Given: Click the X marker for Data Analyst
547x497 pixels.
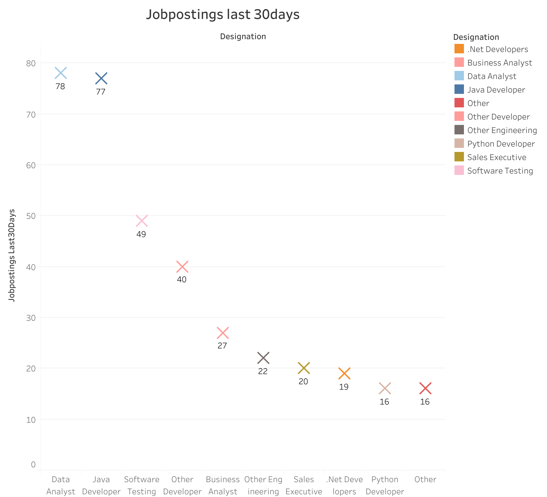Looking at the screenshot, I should [x=61, y=73].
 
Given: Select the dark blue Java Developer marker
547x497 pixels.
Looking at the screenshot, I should [x=101, y=79].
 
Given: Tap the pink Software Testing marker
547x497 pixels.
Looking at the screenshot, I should [x=142, y=221].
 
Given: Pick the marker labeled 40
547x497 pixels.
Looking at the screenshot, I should [x=182, y=267].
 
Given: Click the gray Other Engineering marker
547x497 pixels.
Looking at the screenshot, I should [x=263, y=358].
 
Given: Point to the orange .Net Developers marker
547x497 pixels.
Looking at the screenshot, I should [x=344, y=373].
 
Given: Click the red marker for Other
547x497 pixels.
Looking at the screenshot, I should [x=425, y=388].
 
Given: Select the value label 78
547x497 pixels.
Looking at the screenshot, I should [x=60, y=87].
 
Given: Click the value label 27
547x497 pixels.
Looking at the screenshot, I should [x=222, y=346].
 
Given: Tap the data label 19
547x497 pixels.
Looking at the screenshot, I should [x=344, y=387].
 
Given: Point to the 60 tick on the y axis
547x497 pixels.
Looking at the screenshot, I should [x=31, y=165].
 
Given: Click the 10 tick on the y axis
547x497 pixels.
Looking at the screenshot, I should [x=31, y=420].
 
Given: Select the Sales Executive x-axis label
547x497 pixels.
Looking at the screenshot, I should [x=304, y=486].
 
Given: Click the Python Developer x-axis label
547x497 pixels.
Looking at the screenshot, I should [x=385, y=486].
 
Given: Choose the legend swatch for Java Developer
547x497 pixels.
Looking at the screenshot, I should [x=459, y=89].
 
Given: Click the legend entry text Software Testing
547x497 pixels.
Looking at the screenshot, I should [x=500, y=171].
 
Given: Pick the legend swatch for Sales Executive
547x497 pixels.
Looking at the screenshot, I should [x=459, y=157].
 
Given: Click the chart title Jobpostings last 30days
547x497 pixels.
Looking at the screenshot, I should [x=223, y=15].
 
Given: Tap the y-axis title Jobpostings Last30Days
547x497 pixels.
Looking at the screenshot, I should [x=12, y=255].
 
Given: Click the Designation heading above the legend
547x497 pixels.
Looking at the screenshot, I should [x=476, y=37].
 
